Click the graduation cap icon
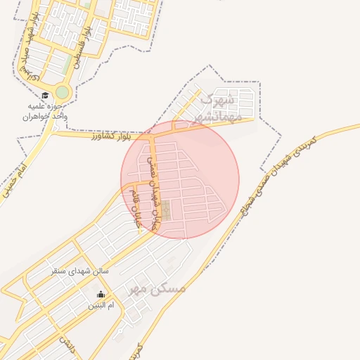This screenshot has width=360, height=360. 45,96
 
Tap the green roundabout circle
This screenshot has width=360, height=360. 63,92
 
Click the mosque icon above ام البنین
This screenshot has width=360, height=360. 101,295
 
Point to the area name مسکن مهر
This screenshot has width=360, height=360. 156,289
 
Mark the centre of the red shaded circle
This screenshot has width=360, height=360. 180,180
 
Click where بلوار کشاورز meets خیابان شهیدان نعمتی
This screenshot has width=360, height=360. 148,134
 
